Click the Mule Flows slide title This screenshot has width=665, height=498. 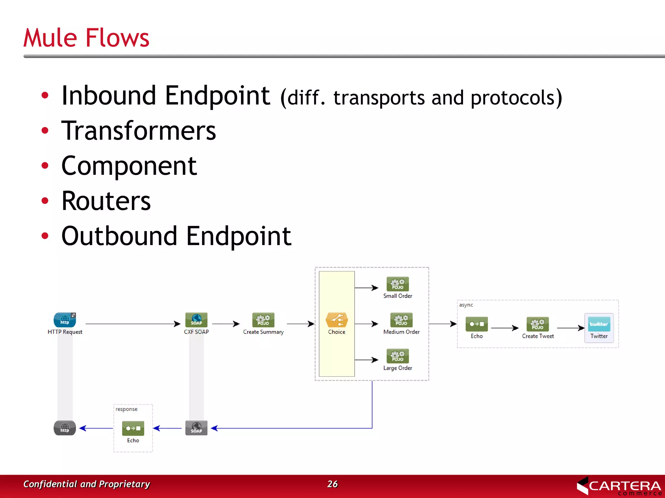(x=86, y=38)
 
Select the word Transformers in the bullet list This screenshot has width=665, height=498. (x=139, y=131)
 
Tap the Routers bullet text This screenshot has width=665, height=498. (x=106, y=201)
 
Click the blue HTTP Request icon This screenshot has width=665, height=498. (x=65, y=320)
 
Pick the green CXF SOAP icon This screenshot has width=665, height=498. (x=196, y=320)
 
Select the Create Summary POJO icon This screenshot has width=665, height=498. (x=263, y=320)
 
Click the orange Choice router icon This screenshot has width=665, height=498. (x=336, y=320)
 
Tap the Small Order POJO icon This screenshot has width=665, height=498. (x=397, y=284)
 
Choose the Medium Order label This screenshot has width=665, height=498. (x=401, y=332)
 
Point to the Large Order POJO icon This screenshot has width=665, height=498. (x=397, y=356)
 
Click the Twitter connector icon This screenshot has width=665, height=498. (x=599, y=324)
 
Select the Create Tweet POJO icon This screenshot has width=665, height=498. (x=538, y=324)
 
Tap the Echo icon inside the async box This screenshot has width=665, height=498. (x=476, y=324)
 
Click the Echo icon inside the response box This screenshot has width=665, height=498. (x=133, y=428)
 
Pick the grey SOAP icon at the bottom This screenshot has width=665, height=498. (x=196, y=428)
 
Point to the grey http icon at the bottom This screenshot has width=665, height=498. (x=65, y=428)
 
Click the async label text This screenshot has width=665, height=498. (x=466, y=305)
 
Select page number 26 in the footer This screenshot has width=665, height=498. (x=332, y=484)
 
